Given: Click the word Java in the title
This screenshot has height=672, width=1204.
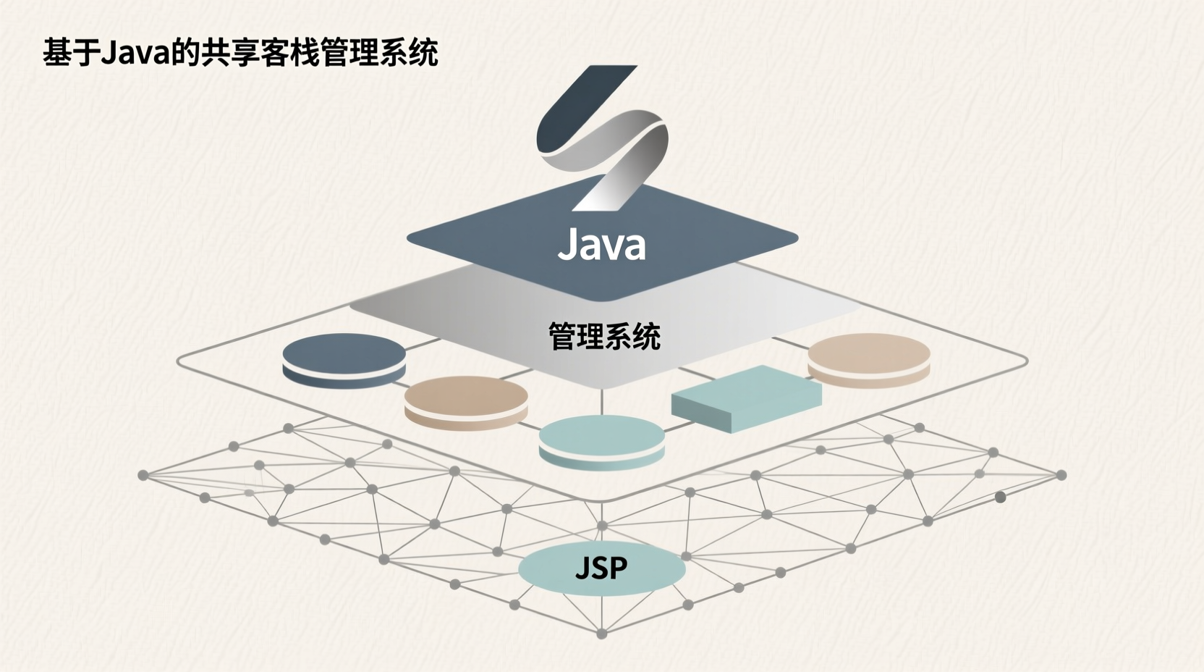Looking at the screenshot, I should (135, 53).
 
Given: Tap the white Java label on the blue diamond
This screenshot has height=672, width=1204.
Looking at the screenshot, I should (601, 245).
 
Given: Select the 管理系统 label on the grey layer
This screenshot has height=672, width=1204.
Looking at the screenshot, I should (604, 337).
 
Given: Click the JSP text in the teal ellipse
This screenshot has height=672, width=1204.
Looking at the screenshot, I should (601, 568).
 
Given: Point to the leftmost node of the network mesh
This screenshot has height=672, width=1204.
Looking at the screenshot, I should (143, 475).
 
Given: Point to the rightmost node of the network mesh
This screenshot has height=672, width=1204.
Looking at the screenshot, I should (1061, 475).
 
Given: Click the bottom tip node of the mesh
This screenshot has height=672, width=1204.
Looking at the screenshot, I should (601, 634).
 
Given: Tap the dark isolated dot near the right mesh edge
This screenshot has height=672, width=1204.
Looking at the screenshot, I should (1000, 497).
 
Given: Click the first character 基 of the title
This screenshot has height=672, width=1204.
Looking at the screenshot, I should (56, 53).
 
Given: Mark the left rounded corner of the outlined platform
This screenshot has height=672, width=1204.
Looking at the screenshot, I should (181, 360).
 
